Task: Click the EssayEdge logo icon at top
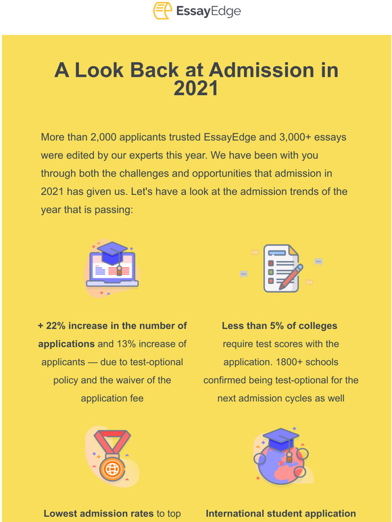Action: coord(161,11)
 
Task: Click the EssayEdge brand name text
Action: coord(208,11)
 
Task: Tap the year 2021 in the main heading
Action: coord(196,88)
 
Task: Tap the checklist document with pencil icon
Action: coord(280,268)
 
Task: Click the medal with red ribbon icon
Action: coord(112,457)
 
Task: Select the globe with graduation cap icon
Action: coord(280,457)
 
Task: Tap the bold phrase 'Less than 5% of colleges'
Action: coord(280,326)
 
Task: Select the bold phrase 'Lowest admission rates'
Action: coord(99,514)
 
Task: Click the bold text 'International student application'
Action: coord(280,514)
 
